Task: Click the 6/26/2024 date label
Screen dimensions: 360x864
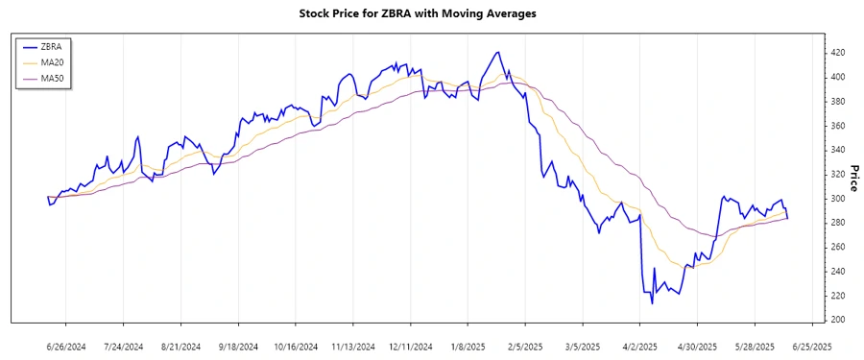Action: tap(66, 347)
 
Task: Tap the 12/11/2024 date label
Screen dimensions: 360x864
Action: tap(410, 347)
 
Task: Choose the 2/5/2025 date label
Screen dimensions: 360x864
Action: tap(525, 347)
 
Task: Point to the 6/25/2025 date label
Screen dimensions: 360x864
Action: tap(811, 347)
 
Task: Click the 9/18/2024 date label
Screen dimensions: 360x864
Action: tap(238, 347)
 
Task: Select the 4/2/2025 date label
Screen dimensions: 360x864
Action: tap(640, 347)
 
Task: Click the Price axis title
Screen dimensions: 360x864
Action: tap(852, 179)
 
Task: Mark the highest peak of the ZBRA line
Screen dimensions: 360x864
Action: tap(497, 52)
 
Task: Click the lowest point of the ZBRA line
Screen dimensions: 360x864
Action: tap(652, 303)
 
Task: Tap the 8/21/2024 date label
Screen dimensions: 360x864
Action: tap(180, 347)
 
